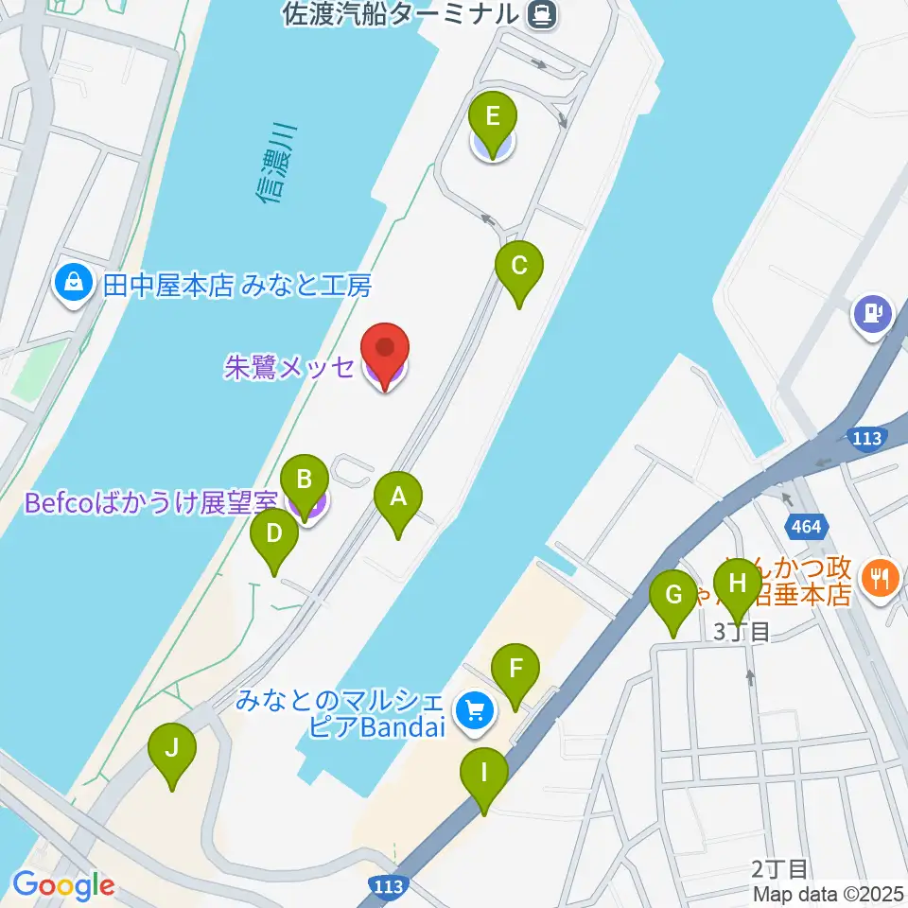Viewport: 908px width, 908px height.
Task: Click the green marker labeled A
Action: (398, 498)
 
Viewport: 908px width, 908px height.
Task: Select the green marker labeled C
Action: (519, 268)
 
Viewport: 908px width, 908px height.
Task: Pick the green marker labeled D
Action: (274, 535)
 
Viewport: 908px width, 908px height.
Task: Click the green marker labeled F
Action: (515, 670)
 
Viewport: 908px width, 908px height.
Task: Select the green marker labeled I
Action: (483, 775)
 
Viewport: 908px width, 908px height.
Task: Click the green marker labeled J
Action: (172, 750)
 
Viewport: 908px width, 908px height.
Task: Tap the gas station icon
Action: (872, 312)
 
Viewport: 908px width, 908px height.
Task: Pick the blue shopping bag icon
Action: (73, 283)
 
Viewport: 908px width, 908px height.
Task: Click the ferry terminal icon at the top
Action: (543, 13)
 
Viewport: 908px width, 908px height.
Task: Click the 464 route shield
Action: (808, 525)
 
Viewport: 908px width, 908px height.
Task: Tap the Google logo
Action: (62, 885)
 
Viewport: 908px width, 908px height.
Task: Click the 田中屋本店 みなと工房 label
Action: (236, 285)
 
